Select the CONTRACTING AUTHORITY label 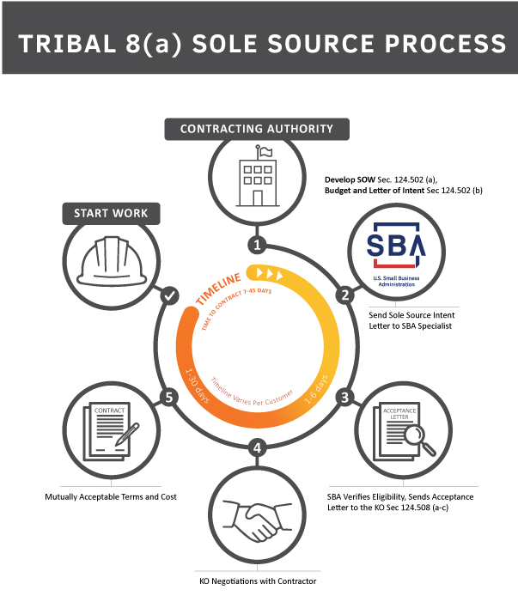click(256, 129)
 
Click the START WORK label click(111, 213)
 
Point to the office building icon click(257, 178)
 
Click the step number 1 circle click(257, 245)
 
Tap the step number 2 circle click(345, 295)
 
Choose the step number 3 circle click(345, 397)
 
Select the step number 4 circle click(257, 447)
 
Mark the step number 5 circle click(168, 397)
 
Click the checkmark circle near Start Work click(169, 295)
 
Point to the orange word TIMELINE click(218, 287)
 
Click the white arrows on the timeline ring click(268, 274)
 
